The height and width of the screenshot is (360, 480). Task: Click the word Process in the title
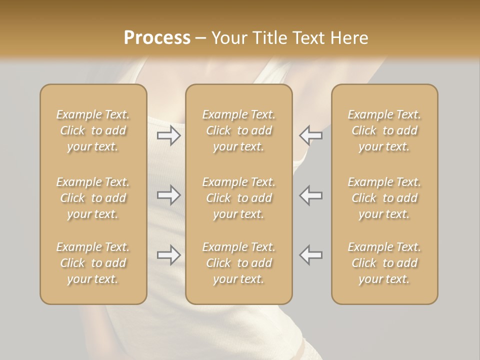(157, 37)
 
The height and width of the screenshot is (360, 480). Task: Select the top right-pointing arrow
(169, 135)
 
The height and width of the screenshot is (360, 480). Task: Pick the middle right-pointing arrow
(169, 195)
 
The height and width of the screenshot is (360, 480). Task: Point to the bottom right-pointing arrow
(169, 255)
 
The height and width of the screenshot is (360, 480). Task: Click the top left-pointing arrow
(310, 135)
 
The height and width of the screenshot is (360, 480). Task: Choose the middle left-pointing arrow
(310, 195)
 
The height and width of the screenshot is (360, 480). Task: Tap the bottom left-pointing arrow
(310, 255)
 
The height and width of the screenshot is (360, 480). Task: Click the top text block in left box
(93, 130)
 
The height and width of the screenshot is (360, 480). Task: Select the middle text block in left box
(93, 198)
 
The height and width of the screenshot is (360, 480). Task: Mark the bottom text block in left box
(93, 263)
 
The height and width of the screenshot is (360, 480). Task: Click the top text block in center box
(239, 130)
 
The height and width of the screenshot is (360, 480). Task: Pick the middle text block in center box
(239, 198)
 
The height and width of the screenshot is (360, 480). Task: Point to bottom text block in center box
(239, 263)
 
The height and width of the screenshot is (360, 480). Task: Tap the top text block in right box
(384, 130)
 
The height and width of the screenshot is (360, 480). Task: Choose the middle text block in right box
(384, 198)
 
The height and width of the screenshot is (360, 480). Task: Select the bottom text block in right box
(384, 263)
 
